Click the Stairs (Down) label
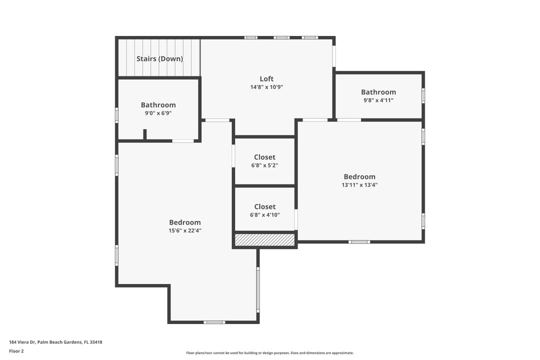click(159, 58)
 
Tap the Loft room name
click(266, 78)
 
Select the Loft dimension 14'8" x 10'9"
click(266, 87)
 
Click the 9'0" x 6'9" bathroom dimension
click(158, 113)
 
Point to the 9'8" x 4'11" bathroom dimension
click(378, 100)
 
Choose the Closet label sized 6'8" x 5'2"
click(264, 157)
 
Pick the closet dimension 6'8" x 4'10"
click(264, 215)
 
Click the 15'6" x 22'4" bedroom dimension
click(184, 230)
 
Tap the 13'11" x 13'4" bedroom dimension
click(359, 184)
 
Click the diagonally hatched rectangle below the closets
click(264, 240)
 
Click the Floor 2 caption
click(16, 351)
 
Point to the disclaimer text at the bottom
click(269, 353)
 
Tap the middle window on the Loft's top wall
click(281, 37)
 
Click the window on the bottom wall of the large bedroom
click(214, 322)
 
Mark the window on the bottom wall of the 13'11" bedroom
click(359, 242)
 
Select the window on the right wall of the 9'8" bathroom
click(423, 95)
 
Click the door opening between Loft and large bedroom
click(218, 120)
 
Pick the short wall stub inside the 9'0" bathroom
click(145, 134)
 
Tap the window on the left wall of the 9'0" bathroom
click(117, 115)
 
